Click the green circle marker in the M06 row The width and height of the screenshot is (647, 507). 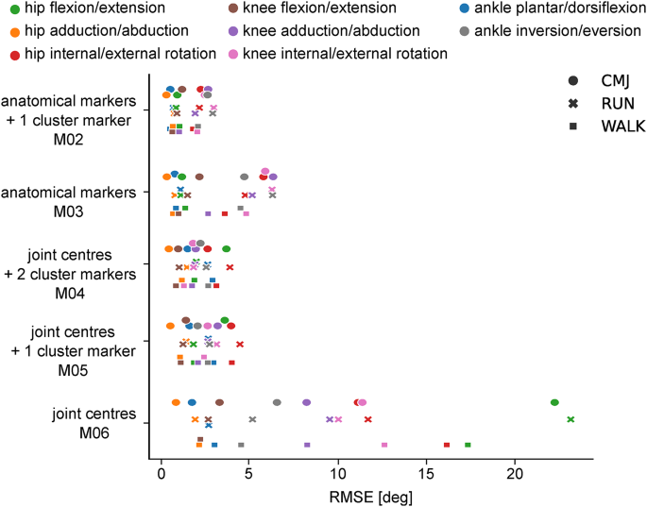[x=554, y=402]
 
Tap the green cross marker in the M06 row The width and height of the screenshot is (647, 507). [x=570, y=419]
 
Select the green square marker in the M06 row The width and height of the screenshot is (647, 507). [x=468, y=445]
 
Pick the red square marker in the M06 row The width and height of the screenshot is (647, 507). [x=447, y=445]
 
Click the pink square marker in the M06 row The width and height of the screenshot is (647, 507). [x=384, y=445]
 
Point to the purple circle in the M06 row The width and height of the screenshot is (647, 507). [x=306, y=402]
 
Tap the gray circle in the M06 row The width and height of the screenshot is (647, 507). [x=277, y=402]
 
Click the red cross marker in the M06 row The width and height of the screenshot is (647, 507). [x=368, y=419]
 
